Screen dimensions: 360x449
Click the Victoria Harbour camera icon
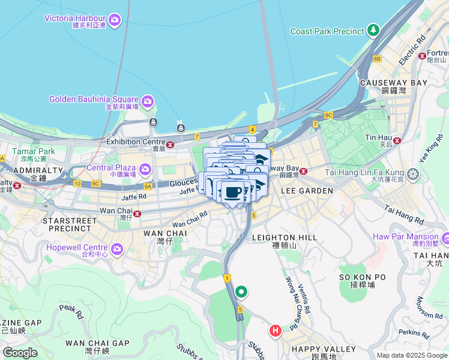[x=115, y=21]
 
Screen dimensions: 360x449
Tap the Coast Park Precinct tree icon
[x=374, y=30]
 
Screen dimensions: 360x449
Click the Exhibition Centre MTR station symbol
[x=171, y=144]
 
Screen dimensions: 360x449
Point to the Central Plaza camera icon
[x=146, y=170]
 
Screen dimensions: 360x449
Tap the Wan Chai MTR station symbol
[x=137, y=213]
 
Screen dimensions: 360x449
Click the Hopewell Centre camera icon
[x=116, y=248]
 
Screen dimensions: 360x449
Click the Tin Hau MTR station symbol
[x=397, y=140]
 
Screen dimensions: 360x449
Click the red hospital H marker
[x=276, y=330]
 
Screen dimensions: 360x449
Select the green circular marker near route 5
[x=241, y=292]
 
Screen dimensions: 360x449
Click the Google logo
[x=20, y=353]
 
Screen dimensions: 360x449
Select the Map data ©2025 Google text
[x=411, y=355]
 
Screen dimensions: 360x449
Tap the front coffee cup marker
[x=233, y=193]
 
